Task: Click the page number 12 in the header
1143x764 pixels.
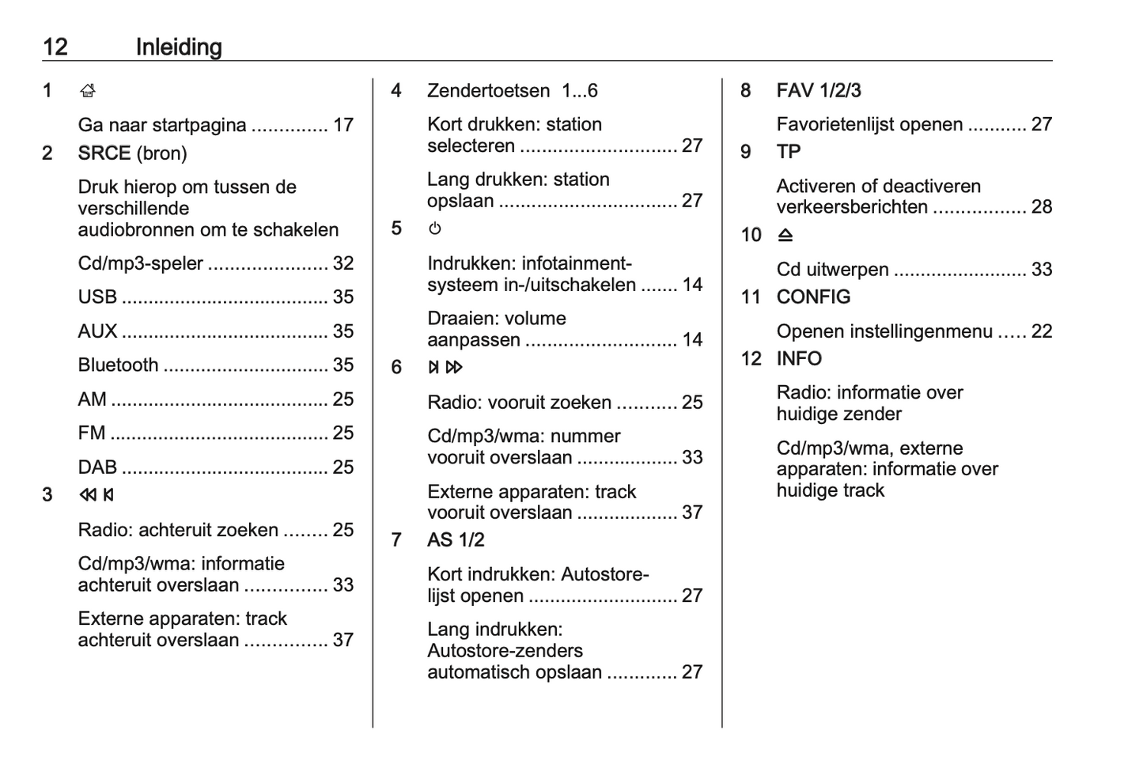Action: [55, 47]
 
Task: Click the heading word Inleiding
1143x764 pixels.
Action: [179, 47]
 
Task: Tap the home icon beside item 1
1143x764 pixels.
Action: [88, 91]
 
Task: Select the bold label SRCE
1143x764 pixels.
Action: [104, 153]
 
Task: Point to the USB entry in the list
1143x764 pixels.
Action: [97, 297]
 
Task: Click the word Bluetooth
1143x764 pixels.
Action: [118, 365]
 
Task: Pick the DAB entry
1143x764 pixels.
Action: [97, 467]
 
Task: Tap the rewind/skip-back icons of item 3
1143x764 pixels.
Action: [97, 495]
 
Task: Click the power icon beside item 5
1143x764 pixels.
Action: [435, 229]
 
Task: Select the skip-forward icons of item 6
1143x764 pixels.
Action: [445, 367]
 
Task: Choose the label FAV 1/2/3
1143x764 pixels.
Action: [819, 90]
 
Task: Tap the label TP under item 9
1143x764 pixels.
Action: [789, 151]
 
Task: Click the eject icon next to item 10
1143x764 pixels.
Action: [785, 235]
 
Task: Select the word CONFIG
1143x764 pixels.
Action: [813, 297]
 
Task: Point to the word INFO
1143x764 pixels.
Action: [799, 358]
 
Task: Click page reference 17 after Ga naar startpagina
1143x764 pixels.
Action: [343, 125]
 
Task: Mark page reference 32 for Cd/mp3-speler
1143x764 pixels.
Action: [343, 263]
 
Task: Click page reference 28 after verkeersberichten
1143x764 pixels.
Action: [1042, 207]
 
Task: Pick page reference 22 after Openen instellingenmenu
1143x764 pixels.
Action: [1042, 331]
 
